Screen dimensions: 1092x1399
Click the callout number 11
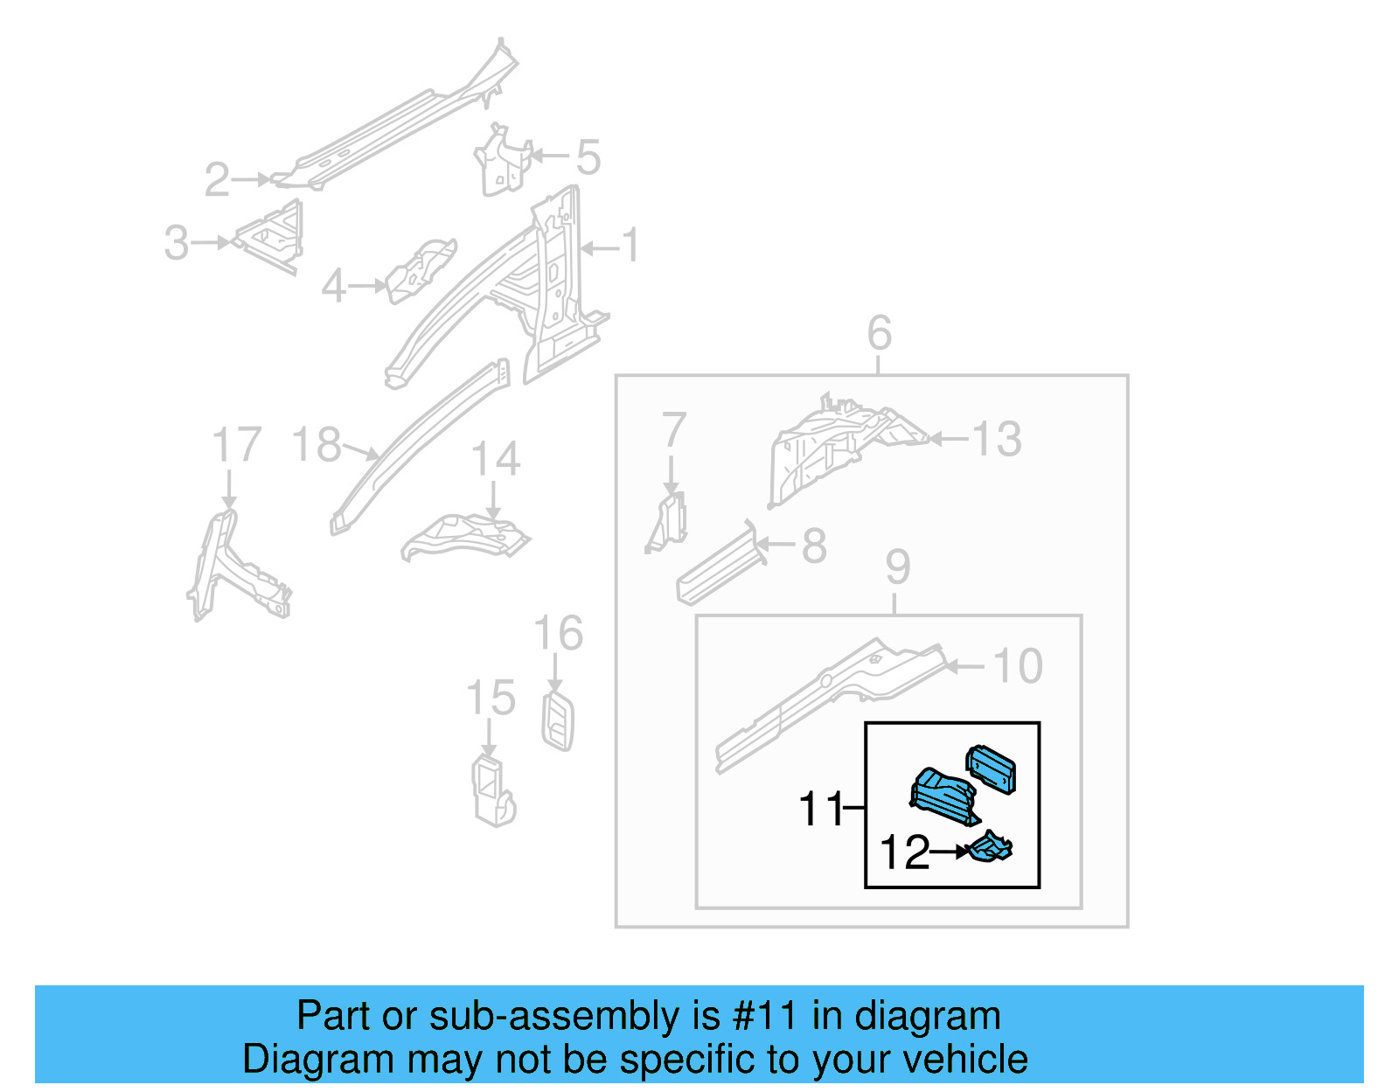coord(819,809)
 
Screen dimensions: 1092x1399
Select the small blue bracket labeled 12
coord(992,847)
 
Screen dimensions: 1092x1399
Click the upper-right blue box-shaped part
coord(991,769)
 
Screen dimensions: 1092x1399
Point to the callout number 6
coord(879,333)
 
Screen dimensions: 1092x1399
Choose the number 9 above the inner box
coord(897,567)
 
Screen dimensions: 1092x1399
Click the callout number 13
coord(996,439)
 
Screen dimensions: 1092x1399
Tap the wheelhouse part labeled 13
coord(831,446)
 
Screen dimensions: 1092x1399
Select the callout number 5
coord(588,157)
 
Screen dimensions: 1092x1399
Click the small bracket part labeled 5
coord(502,162)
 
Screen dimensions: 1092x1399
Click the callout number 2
coord(217,179)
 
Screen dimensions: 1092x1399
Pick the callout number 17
coord(237,445)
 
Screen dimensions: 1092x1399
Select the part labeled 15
coord(492,790)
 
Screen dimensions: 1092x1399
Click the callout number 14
coord(496,459)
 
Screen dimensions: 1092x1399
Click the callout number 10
coord(1018,666)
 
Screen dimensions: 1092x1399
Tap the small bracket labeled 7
coord(670,523)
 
